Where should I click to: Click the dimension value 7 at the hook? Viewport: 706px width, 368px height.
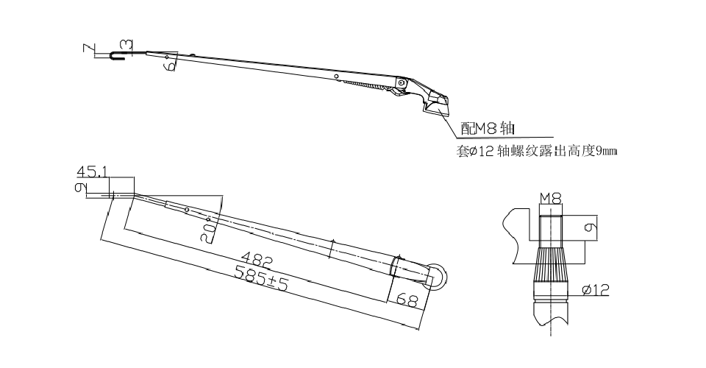pos(88,49)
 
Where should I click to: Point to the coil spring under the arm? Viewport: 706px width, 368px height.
pos(365,86)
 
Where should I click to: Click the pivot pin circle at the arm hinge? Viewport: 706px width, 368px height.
pos(401,82)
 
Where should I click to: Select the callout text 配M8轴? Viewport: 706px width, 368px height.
pos(486,130)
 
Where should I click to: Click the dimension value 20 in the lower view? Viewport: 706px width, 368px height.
pos(209,232)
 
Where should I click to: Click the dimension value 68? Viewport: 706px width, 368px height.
pos(406,300)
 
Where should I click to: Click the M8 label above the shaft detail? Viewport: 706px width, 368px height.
pos(550,198)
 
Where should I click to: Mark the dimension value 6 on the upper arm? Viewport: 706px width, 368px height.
pos(170,65)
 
